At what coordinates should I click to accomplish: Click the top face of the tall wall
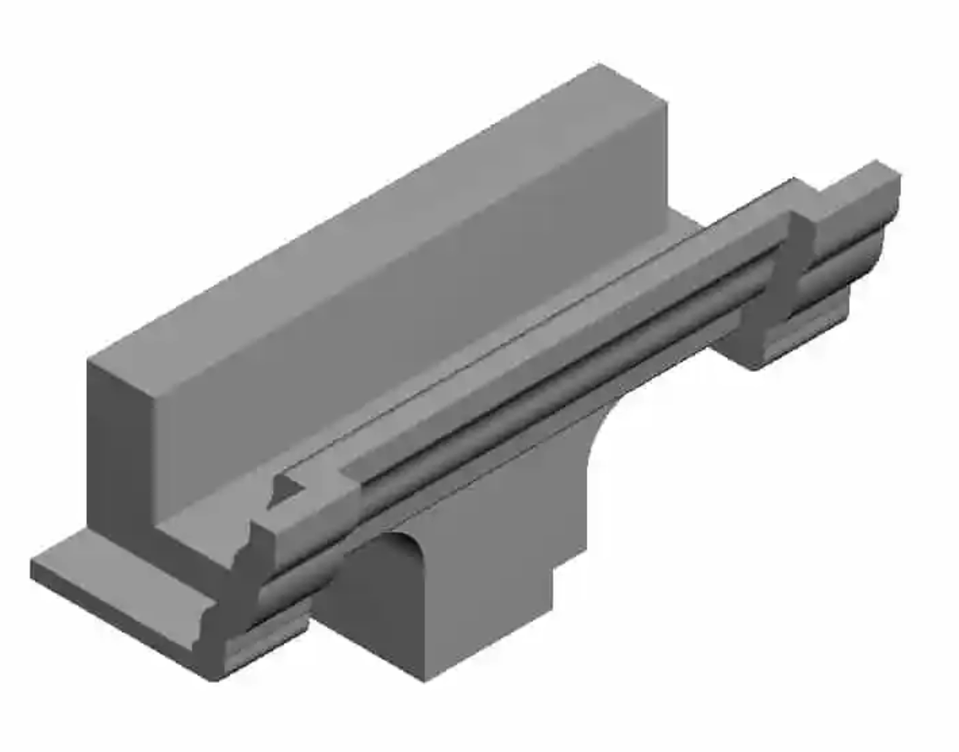pos(379,216)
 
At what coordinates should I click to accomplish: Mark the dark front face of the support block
pos(370,612)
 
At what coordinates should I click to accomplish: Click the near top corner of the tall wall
pos(90,360)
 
